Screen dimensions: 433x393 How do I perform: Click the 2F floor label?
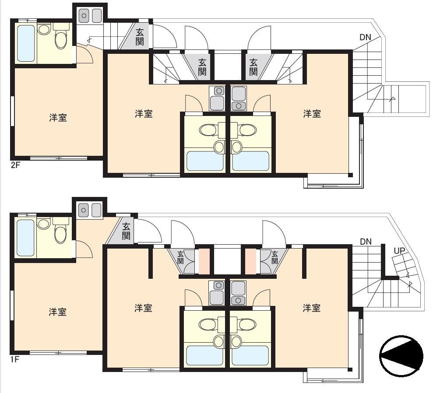(15, 165)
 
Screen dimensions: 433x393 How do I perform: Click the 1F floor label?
(15, 359)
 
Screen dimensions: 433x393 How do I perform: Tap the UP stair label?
(399, 251)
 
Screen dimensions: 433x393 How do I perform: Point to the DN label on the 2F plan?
(365, 37)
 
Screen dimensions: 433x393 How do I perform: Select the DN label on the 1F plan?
(366, 242)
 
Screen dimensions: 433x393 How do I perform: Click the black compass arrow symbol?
(401, 356)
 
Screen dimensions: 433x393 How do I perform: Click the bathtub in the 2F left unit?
(26, 43)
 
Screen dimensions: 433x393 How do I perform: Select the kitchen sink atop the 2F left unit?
(90, 16)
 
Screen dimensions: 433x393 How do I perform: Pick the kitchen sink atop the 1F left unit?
(90, 210)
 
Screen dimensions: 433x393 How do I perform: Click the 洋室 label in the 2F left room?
(58, 118)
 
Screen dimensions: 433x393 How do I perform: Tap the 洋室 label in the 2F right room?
(312, 114)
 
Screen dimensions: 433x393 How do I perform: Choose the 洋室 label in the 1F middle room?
(143, 308)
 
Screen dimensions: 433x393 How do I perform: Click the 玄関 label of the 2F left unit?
(140, 37)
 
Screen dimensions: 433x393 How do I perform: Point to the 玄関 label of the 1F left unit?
(126, 231)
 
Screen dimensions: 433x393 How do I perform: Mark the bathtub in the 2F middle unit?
(205, 161)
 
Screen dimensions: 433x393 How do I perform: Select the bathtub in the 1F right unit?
(250, 355)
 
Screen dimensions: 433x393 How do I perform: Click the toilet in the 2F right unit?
(248, 130)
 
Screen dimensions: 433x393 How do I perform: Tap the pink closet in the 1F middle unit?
(204, 261)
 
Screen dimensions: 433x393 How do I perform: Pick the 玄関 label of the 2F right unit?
(253, 67)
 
